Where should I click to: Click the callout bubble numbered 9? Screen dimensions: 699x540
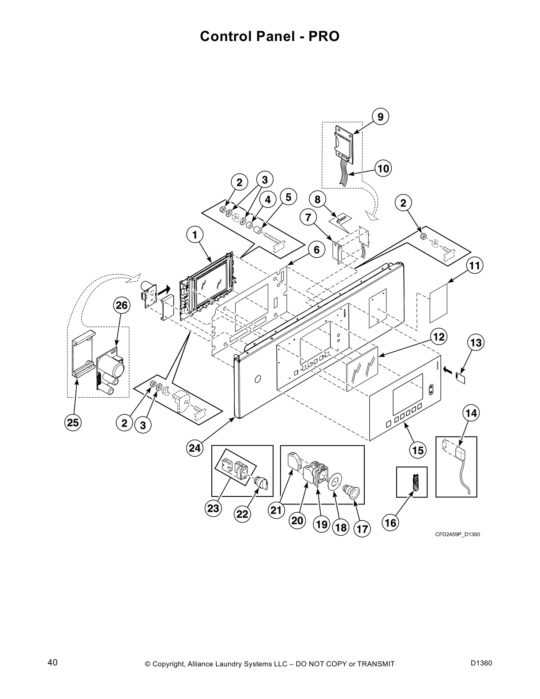pyautogui.click(x=380, y=116)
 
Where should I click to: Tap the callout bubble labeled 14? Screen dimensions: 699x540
pyautogui.click(x=471, y=413)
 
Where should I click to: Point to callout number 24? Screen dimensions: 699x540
pyautogui.click(x=195, y=448)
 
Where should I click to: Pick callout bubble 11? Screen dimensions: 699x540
pyautogui.click(x=474, y=266)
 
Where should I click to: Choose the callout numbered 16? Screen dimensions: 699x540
pyautogui.click(x=391, y=523)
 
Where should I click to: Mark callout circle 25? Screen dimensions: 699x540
pyautogui.click(x=73, y=423)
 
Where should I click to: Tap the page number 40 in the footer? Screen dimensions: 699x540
pyautogui.click(x=52, y=663)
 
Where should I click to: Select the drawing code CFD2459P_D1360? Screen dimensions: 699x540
pyautogui.click(x=457, y=535)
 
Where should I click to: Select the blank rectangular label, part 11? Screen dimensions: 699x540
pyautogui.click(x=439, y=304)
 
